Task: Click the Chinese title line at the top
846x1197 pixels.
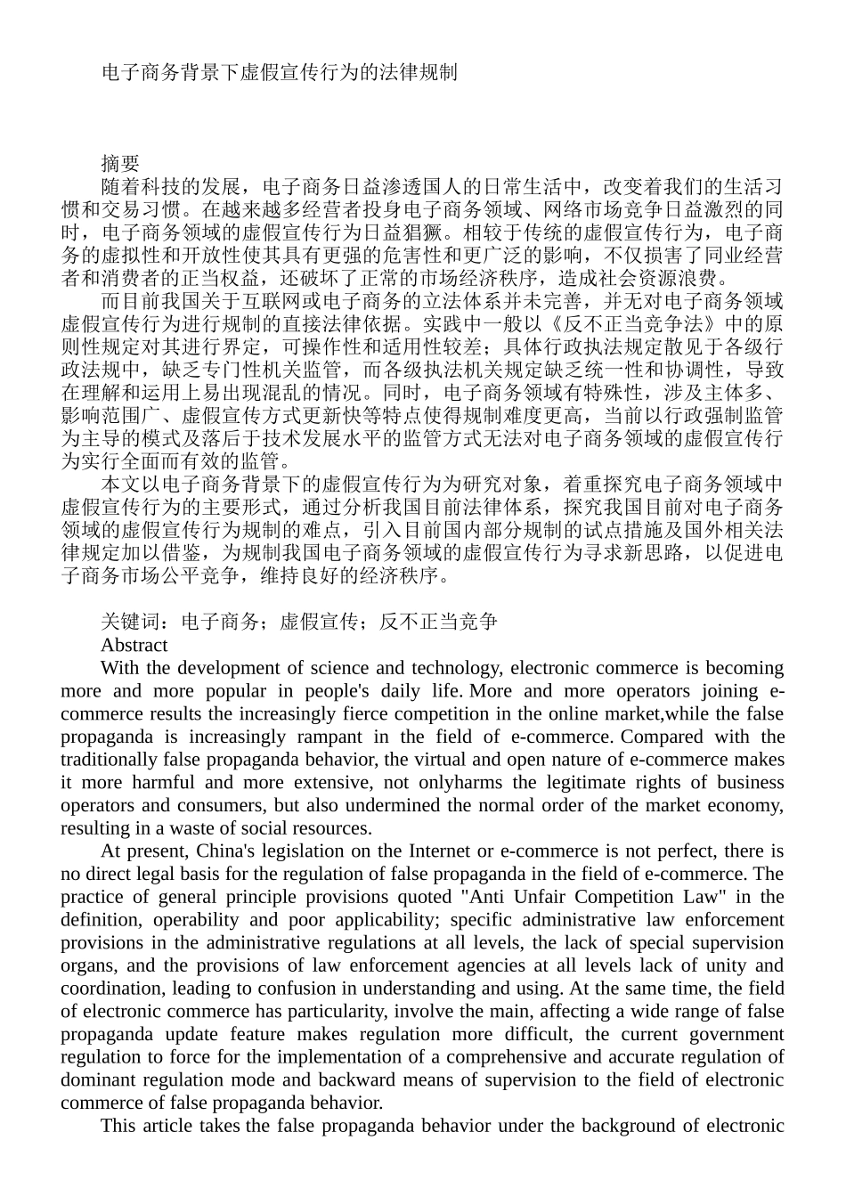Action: tap(279, 72)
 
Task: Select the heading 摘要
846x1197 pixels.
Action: tap(120, 164)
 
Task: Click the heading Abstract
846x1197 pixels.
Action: tap(134, 645)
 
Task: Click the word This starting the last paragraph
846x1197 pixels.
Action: tap(119, 1126)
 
